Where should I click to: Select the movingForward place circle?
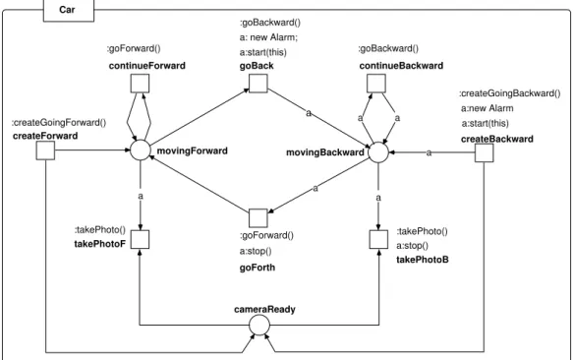(141, 150)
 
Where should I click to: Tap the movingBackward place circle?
(378, 152)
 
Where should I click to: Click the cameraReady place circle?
(259, 325)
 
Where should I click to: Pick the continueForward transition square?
(140, 84)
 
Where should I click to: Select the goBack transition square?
(258, 84)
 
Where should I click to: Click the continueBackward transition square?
(376, 84)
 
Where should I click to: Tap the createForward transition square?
(45, 150)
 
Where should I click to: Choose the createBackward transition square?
(485, 152)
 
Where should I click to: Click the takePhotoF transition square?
(140, 240)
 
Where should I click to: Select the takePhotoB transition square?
(378, 240)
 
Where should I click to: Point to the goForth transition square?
(258, 218)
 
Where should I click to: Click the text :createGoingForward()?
(59, 123)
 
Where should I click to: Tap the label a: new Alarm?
(268, 37)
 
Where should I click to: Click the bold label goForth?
(258, 268)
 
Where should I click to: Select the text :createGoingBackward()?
(510, 93)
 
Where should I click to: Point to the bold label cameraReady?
(264, 309)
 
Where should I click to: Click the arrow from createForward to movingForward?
(92, 150)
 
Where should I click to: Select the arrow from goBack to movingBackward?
(318, 118)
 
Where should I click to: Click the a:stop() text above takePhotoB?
(412, 246)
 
